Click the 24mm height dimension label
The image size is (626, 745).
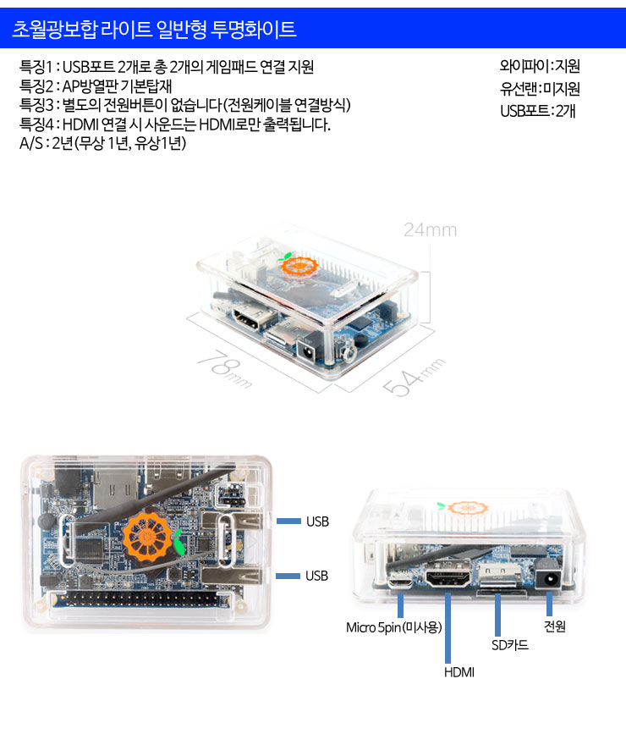click(430, 230)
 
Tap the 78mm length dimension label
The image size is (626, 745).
click(225, 369)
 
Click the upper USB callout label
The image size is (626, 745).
click(317, 521)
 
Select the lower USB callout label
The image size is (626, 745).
click(317, 576)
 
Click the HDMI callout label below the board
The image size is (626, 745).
click(459, 672)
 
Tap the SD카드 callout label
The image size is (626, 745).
click(510, 645)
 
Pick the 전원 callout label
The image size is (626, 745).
click(554, 626)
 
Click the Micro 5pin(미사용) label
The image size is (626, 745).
click(394, 627)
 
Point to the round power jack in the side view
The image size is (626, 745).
click(550, 580)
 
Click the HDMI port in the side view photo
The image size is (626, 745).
click(448, 577)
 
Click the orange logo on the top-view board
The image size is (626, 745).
click(147, 539)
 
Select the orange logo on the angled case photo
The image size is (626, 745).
click(299, 266)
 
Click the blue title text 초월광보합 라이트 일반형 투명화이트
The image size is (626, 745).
click(154, 29)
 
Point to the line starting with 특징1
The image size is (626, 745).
click(167, 67)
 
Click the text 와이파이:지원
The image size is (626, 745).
click(540, 65)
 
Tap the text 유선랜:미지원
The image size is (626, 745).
click(540, 88)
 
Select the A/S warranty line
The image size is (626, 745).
click(102, 143)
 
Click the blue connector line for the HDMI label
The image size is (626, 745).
click(448, 627)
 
